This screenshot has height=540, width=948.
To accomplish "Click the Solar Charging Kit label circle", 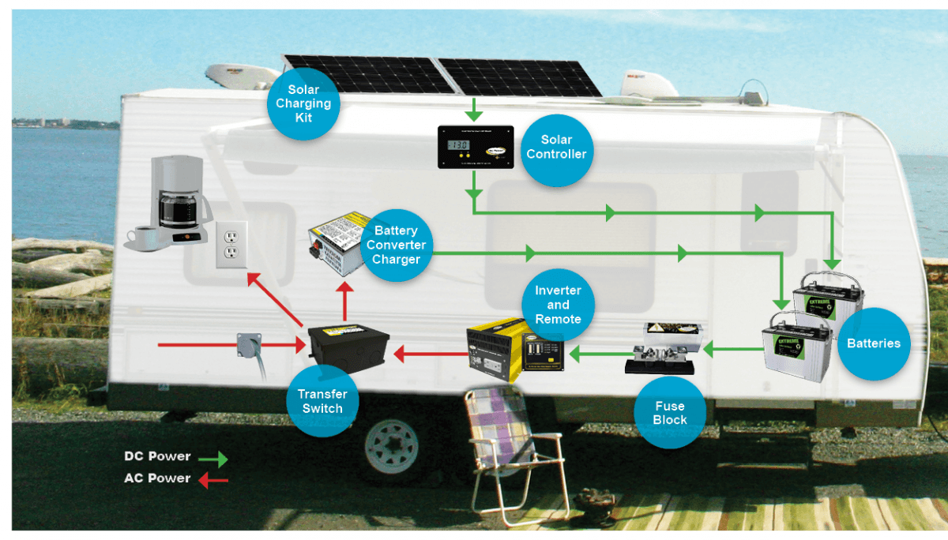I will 303,104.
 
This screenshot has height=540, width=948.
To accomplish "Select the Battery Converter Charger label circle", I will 396,246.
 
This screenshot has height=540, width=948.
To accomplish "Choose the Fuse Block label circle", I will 670,412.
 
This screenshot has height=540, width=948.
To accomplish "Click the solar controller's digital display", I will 457,146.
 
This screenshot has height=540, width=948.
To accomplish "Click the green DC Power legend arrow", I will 212,458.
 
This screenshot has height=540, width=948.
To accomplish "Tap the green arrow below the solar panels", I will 472,107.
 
